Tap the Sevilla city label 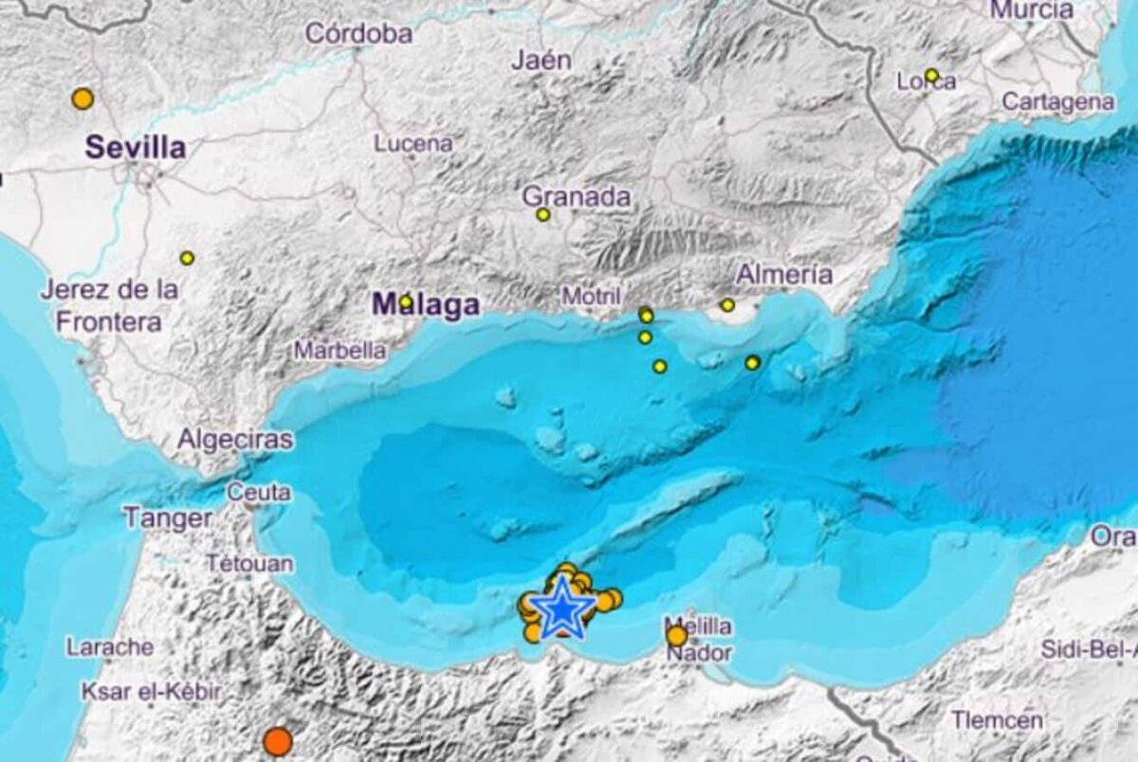(x=135, y=148)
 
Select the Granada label (x=577, y=196)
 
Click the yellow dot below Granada (x=543, y=215)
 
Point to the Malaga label (x=426, y=305)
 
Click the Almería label (x=784, y=275)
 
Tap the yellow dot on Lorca (x=931, y=75)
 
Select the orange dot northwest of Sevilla (x=83, y=99)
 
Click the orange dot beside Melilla (x=676, y=636)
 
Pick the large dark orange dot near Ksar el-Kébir (x=277, y=741)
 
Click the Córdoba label (x=358, y=34)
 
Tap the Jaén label (x=541, y=61)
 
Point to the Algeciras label (x=235, y=440)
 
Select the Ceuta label (x=258, y=493)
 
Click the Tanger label (x=167, y=518)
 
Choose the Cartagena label (x=1057, y=101)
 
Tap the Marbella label (x=340, y=351)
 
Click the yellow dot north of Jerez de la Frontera (x=187, y=258)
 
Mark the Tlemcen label (x=997, y=720)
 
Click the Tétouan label (x=249, y=564)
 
